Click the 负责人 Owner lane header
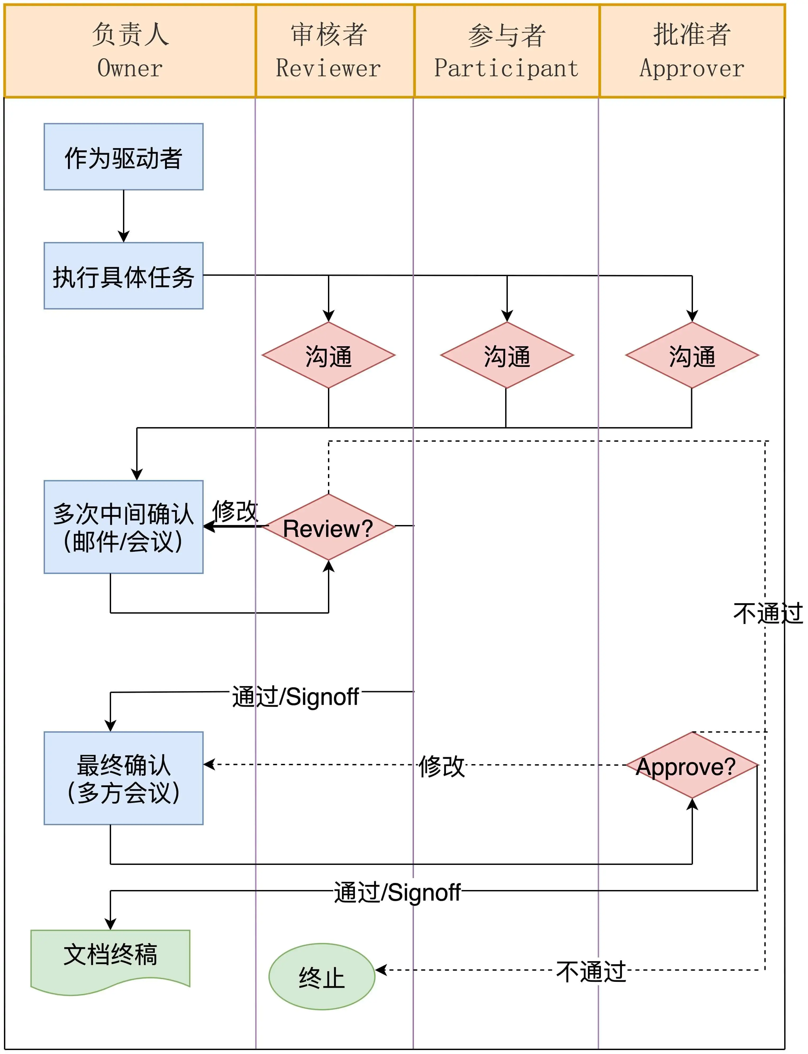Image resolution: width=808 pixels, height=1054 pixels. tap(130, 51)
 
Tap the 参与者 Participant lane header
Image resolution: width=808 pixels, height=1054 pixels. tap(506, 51)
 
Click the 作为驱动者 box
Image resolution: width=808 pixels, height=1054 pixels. tap(124, 157)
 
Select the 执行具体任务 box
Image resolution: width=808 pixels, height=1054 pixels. tap(124, 276)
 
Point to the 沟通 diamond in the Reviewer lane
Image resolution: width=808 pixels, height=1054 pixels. tap(328, 355)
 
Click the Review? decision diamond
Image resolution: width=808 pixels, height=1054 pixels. tap(328, 527)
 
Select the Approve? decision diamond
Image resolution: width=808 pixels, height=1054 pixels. tap(692, 765)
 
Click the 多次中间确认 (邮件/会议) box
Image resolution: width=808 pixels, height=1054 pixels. tap(124, 527)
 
